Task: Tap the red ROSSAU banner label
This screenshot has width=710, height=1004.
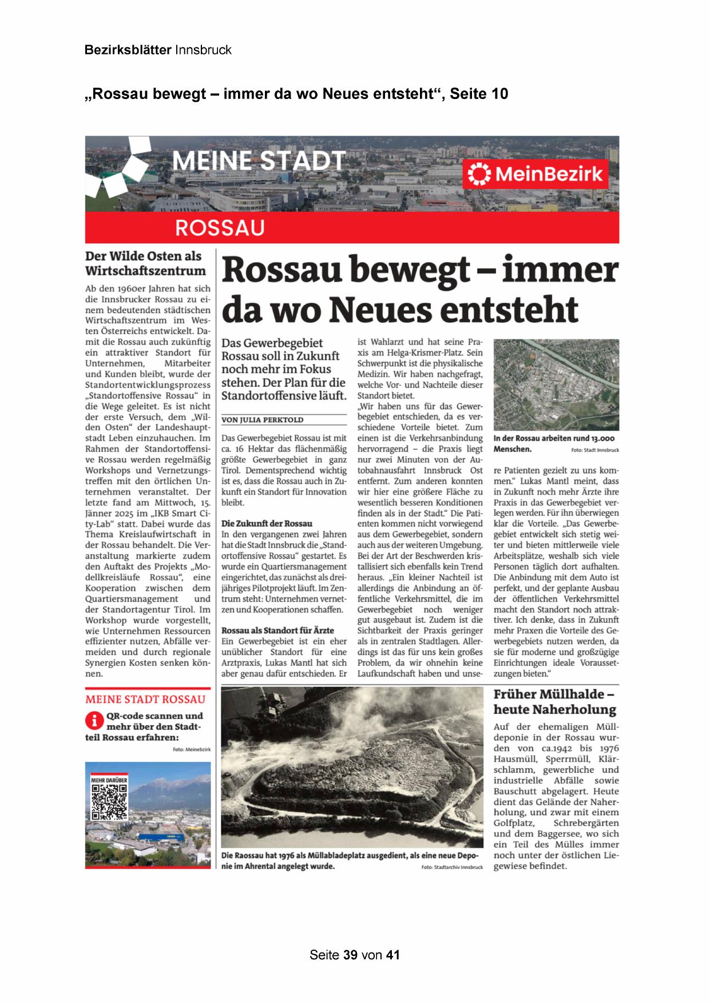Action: tap(220, 228)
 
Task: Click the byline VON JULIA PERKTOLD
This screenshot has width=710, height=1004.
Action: tap(262, 420)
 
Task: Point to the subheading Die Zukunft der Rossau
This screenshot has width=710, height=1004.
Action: tap(267, 523)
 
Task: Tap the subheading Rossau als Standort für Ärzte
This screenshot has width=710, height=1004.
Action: tap(277, 630)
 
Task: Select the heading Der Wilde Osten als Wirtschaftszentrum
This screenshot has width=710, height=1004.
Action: tap(145, 263)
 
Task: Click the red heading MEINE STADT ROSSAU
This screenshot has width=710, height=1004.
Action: tap(145, 699)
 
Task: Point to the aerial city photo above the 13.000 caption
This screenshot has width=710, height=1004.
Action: tap(556, 385)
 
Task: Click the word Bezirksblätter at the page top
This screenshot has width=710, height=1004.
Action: tap(128, 50)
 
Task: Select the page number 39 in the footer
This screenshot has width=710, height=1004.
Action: tap(350, 955)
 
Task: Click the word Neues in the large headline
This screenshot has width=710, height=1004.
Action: tap(387, 309)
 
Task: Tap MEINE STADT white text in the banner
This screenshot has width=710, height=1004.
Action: tap(259, 161)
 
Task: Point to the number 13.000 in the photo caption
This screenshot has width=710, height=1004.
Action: tap(600, 438)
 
